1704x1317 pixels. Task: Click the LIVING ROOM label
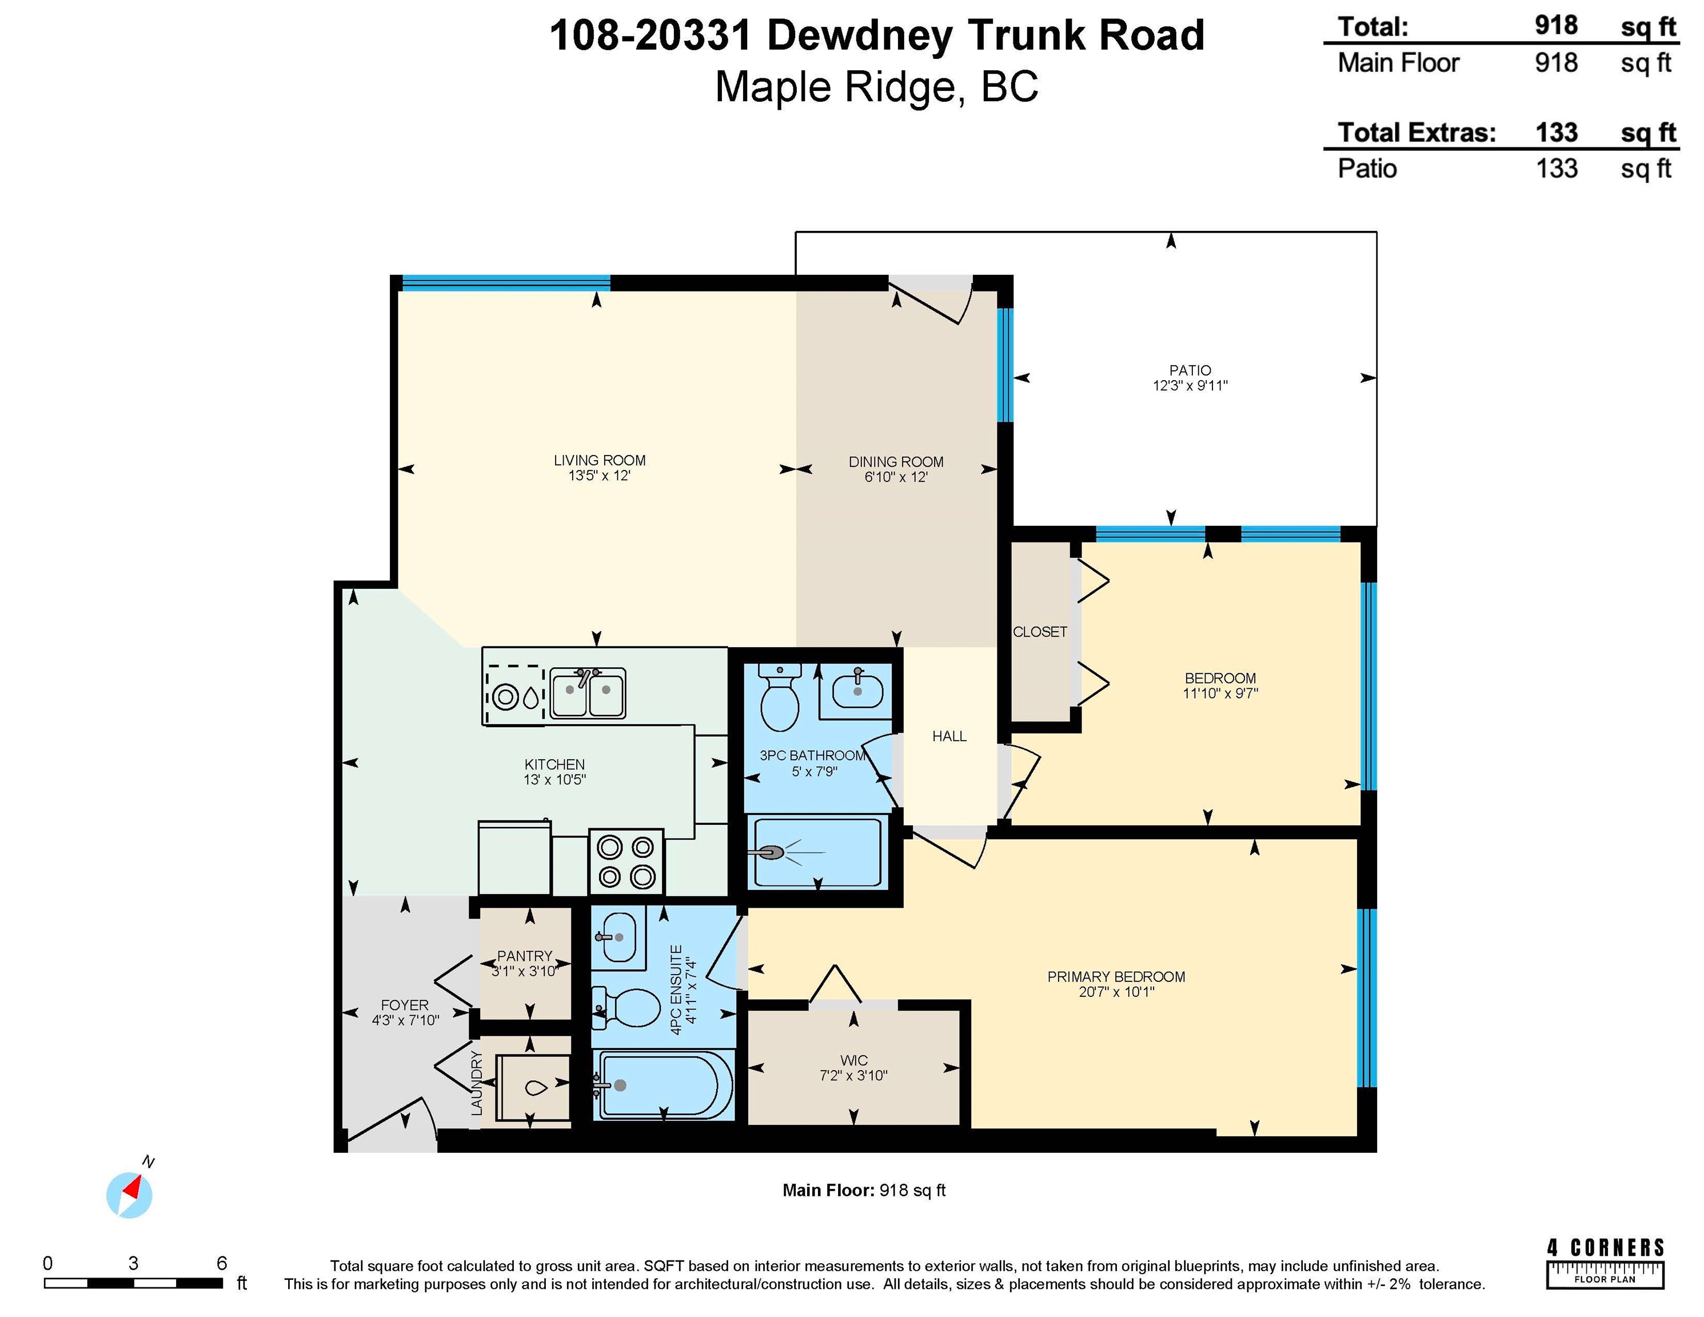599,460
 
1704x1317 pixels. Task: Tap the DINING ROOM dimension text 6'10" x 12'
896,477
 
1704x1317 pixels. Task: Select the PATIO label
1190,370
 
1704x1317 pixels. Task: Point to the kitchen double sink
588,693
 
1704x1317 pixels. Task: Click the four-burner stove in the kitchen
626,862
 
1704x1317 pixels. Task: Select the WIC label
853,1060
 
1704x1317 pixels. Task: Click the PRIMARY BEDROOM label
1116,977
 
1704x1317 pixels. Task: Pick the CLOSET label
1039,632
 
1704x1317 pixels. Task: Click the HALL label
949,736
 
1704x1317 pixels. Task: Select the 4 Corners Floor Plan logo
1605,1264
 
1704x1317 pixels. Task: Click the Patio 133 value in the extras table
1557,169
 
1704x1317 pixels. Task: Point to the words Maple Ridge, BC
877,87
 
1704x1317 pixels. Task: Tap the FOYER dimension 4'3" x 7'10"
405,1020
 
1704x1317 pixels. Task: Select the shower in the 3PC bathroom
817,851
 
